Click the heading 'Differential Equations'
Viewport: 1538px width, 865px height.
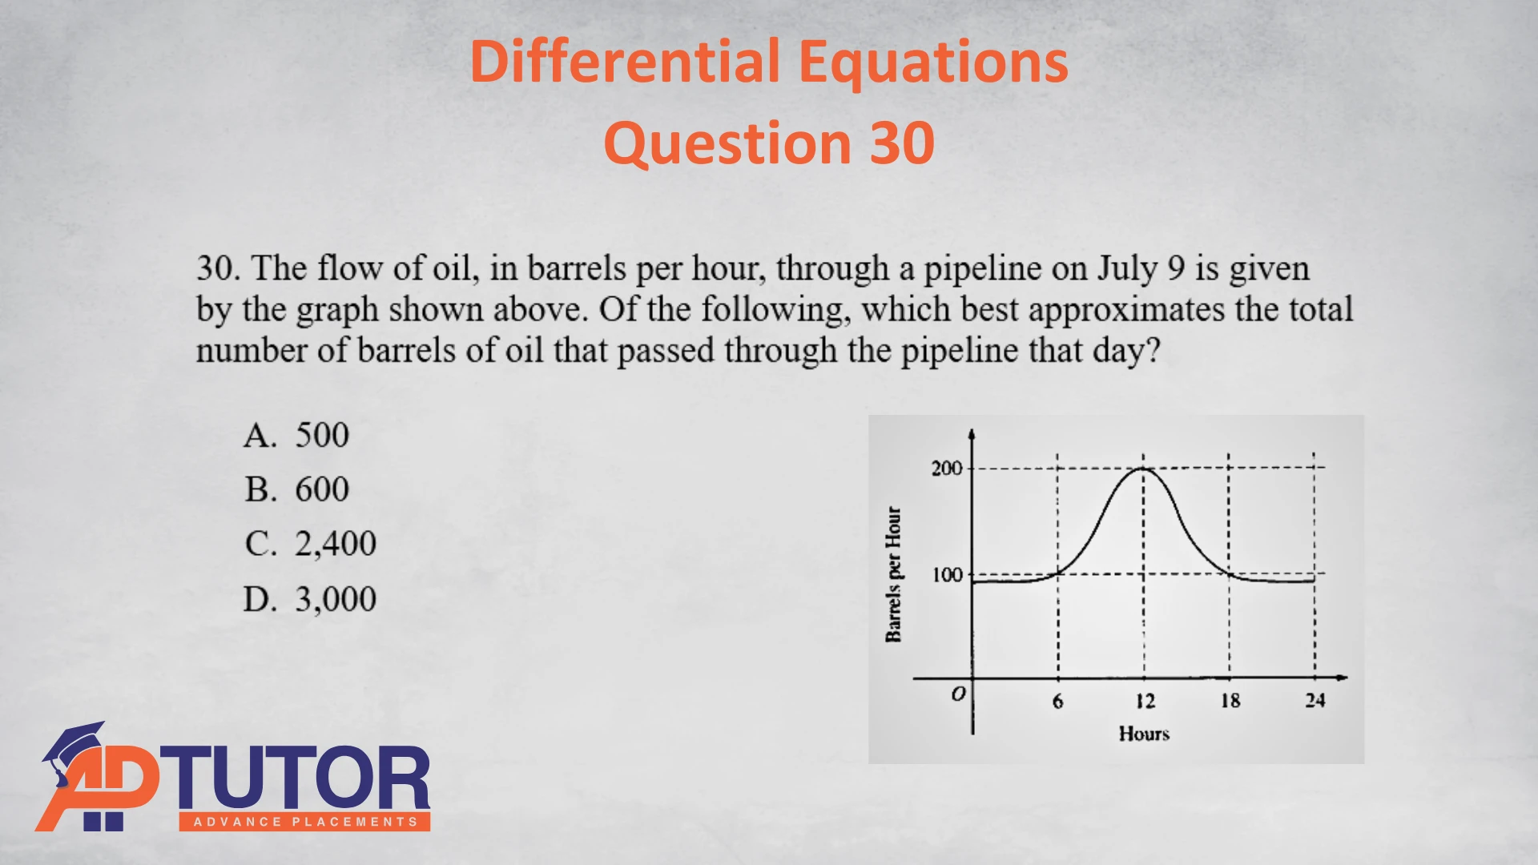pos(769,62)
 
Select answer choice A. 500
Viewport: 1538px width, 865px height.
pos(296,435)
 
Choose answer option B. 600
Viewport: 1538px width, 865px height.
pos(296,489)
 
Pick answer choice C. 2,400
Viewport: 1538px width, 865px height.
pos(310,544)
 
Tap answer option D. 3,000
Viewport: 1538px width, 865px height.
pos(310,599)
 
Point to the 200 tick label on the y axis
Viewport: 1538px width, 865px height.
pos(947,468)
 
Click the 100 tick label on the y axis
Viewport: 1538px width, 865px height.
pos(947,575)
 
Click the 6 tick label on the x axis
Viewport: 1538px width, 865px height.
pos(1058,702)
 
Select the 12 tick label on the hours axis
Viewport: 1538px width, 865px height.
pos(1145,702)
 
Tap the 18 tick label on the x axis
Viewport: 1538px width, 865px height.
pos(1230,701)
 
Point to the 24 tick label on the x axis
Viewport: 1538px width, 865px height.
pos(1315,701)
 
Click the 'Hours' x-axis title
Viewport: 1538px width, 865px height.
pos(1144,734)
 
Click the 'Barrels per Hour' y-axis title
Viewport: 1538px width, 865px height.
pos(893,574)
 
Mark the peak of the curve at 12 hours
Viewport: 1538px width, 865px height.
pos(1143,469)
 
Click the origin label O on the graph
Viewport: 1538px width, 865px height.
pos(959,694)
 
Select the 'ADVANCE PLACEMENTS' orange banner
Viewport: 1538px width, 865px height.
pos(304,822)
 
